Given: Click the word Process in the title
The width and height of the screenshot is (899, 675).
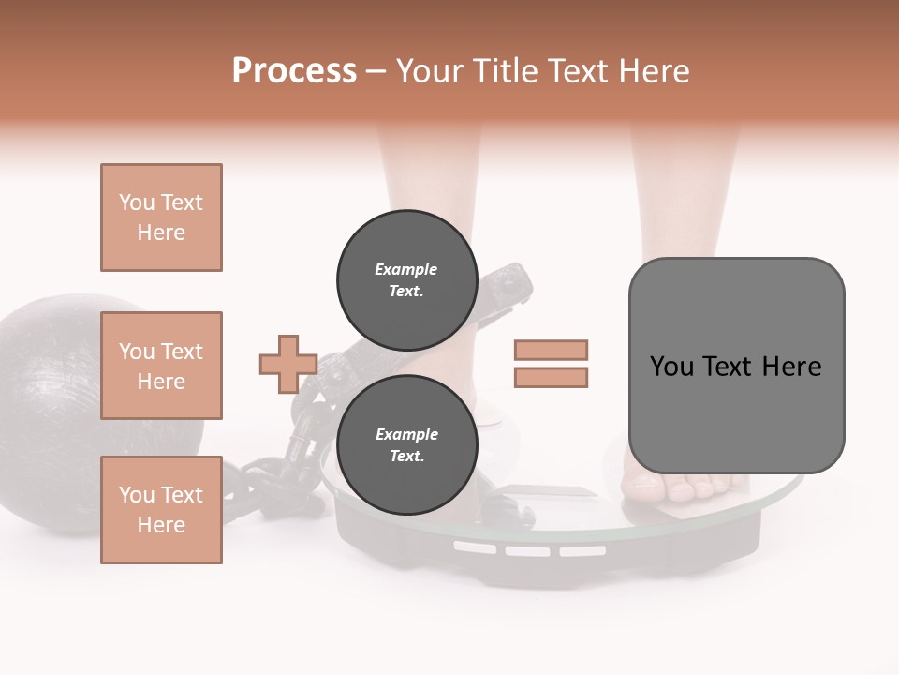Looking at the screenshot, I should [294, 71].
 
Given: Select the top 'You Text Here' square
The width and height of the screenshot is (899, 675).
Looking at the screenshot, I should [161, 217].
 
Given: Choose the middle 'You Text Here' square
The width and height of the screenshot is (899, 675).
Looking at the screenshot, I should [161, 366].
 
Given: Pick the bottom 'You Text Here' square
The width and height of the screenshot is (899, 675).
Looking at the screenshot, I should [161, 509].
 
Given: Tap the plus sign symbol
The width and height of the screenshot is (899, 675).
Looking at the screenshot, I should [287, 364].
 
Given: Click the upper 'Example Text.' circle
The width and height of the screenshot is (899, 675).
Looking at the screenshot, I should [405, 279].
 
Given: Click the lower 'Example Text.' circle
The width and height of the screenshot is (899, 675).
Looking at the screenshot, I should [405, 444].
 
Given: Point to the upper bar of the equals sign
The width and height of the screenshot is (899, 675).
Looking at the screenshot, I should [551, 350].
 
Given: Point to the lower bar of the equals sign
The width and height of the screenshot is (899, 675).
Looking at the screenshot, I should [551, 378].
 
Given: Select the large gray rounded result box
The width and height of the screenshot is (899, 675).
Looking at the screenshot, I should [736, 366].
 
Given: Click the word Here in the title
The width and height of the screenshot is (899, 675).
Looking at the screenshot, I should [650, 71].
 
